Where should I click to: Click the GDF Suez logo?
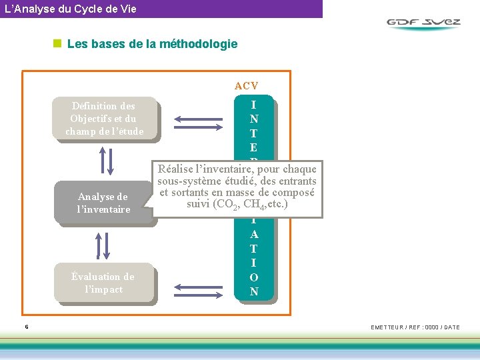[424, 23]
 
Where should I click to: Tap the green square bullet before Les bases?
[57, 45]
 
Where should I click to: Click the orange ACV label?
[246, 85]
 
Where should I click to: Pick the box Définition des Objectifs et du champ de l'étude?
[104, 119]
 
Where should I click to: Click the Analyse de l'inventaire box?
[103, 203]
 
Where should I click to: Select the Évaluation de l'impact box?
[103, 283]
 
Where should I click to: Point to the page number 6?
[26, 327]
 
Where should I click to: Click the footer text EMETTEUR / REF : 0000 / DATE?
[415, 327]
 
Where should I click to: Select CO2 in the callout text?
[228, 205]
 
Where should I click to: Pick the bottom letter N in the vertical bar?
[254, 291]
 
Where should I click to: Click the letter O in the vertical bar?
[254, 277]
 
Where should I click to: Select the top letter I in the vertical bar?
[254, 105]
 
